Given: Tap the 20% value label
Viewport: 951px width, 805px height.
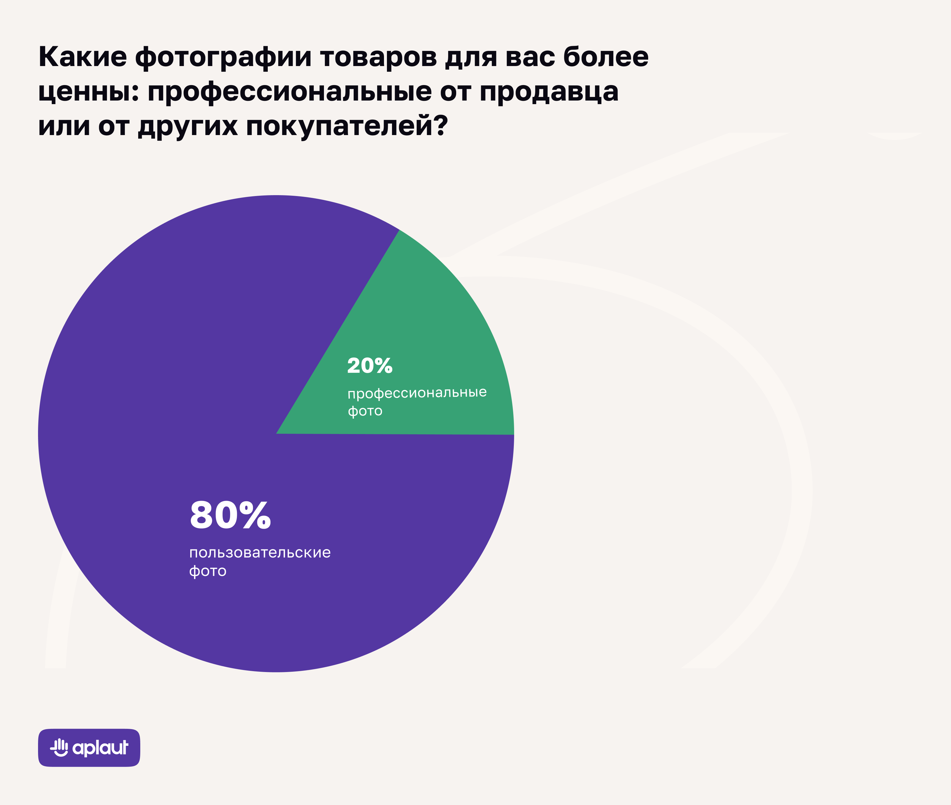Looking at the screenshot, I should [x=370, y=366].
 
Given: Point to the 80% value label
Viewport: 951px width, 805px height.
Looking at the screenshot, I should [x=230, y=515].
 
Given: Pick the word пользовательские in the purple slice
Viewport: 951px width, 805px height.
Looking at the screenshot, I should [x=260, y=553].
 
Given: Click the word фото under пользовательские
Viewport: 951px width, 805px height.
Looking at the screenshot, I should [x=208, y=571].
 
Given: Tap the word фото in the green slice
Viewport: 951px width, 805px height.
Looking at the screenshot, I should [x=365, y=411].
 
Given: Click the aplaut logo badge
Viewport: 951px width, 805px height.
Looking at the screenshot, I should [x=89, y=748].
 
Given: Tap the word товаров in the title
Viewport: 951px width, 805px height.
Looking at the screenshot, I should [x=378, y=57].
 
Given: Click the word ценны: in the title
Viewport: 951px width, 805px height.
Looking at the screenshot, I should [x=89, y=93].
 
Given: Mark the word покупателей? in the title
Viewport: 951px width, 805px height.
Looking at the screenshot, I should [x=347, y=126].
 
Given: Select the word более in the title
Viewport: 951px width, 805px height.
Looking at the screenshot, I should [x=606, y=57].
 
